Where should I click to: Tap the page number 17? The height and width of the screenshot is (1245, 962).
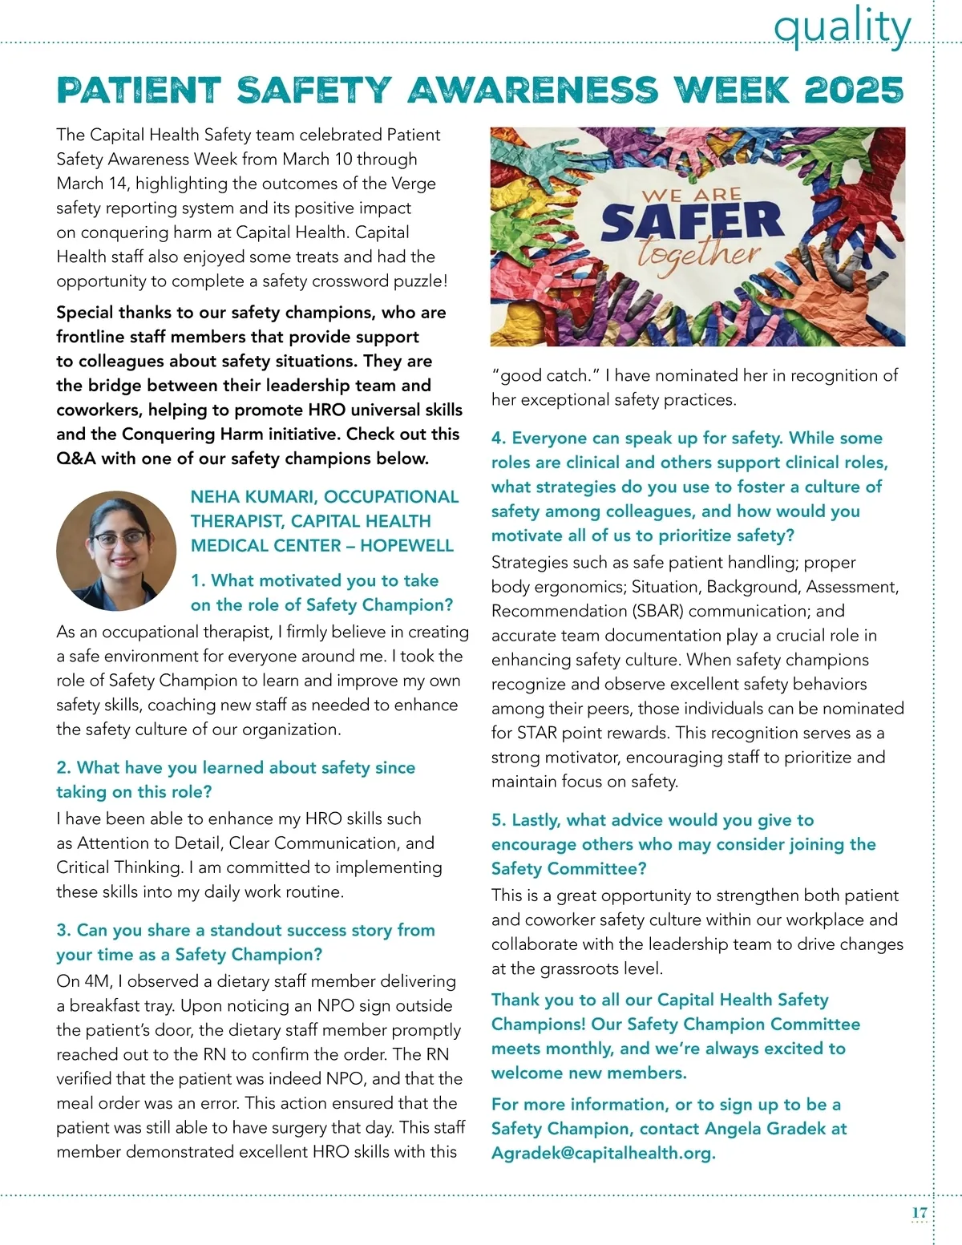919,1213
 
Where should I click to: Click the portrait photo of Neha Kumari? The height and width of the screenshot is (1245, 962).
116,551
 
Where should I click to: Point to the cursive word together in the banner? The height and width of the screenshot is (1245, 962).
697,255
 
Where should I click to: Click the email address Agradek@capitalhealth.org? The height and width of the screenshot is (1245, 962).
603,1153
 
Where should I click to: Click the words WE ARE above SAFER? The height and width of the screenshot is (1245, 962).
692,196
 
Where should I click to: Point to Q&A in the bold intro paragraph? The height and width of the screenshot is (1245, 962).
77,459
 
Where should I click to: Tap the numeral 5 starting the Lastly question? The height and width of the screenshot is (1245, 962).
497,820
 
